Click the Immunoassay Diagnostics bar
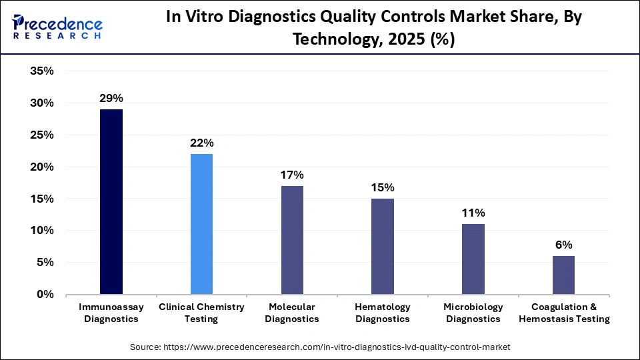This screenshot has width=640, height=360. point(111,201)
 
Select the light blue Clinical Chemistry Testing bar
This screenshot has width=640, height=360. point(201,224)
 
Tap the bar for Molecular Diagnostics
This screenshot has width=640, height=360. point(292,240)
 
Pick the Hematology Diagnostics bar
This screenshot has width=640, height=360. point(383,246)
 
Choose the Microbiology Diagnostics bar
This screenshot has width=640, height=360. point(473,259)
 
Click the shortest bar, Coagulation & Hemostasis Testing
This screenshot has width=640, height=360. point(563,275)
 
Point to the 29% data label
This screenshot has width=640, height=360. point(111,98)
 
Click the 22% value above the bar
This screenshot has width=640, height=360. point(201,143)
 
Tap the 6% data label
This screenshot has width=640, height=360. point(563,245)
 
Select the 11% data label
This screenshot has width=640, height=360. point(473,213)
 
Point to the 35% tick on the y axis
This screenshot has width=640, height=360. point(42,71)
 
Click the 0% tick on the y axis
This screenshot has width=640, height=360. point(45,294)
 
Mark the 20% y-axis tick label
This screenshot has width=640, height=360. point(42,167)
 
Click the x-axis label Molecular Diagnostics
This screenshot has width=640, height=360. point(292,313)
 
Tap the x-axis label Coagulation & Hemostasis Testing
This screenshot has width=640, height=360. point(570,313)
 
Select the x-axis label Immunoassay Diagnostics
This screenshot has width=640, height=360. point(108,313)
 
